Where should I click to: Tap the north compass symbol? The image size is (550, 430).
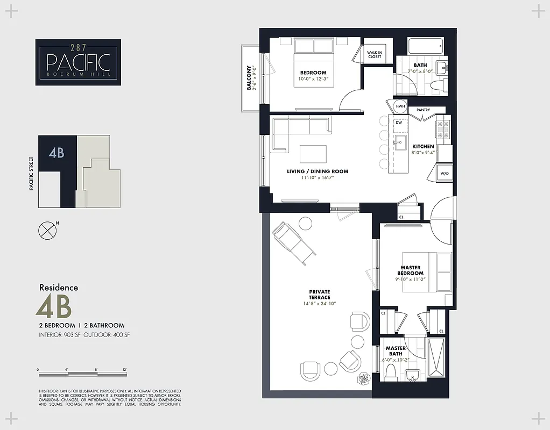[47, 230]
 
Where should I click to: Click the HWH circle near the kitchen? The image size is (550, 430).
[400, 106]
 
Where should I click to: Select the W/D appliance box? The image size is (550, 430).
[445, 174]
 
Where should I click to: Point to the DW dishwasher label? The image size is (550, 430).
[399, 123]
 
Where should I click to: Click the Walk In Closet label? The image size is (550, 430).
[375, 55]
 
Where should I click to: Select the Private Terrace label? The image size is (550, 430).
[319, 295]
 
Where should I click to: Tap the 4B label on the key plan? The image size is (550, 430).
[56, 153]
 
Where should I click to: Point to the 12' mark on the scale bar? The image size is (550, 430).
[124, 370]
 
